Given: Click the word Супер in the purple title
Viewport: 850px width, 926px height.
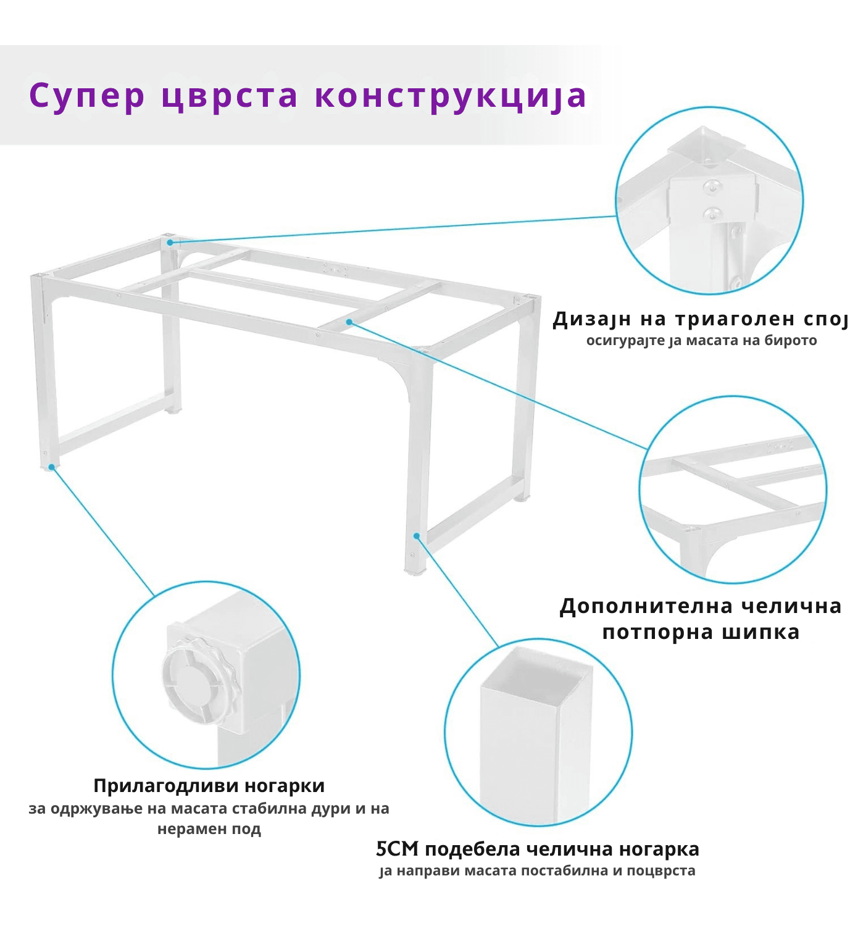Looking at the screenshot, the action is (87, 96).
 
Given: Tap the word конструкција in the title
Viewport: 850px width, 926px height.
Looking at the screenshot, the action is (450, 96).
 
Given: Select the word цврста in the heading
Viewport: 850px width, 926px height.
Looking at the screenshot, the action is (230, 96).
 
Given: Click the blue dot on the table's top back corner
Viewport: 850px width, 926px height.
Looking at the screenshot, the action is (170, 243).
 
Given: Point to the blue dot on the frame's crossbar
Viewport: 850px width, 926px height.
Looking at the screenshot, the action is (349, 322).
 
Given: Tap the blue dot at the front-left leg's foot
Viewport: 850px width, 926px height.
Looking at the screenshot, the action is (51, 467).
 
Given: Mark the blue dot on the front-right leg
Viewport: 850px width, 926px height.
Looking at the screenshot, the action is (417, 536).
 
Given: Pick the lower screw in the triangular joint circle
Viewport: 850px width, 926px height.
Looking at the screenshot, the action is (712, 213).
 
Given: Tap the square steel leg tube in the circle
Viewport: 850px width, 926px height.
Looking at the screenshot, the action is (536, 729).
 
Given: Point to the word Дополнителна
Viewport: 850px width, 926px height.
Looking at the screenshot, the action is (646, 606).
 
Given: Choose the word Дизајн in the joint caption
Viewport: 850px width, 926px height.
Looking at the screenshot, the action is (592, 319).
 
